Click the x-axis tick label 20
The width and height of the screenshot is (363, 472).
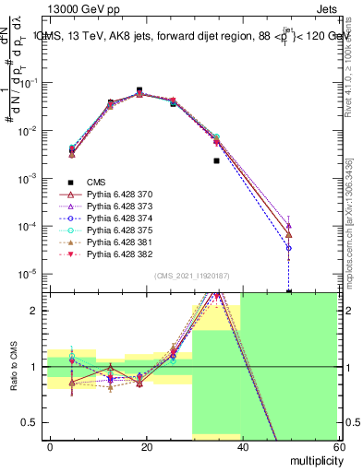[146, 446]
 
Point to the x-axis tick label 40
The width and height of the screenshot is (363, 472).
[242, 446]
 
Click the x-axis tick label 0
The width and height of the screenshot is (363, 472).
[51, 446]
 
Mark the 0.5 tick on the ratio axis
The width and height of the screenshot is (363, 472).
[34, 423]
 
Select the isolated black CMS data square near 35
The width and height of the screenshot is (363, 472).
[216, 160]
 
